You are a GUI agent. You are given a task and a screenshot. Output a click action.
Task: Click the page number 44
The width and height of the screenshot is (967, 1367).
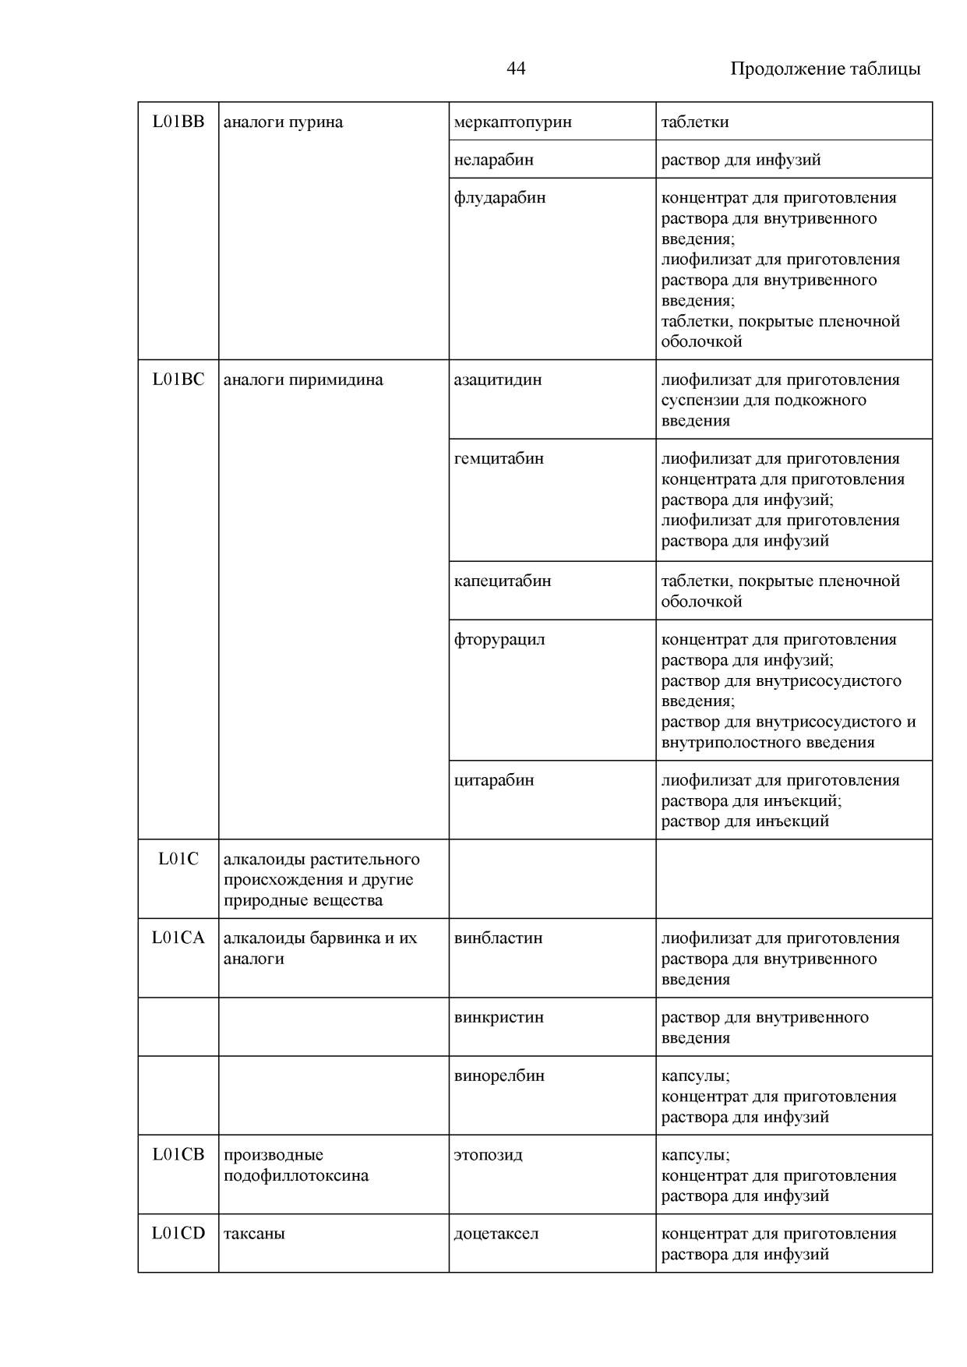tap(516, 69)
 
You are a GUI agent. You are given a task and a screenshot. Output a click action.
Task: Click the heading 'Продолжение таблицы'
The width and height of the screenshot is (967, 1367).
tap(824, 69)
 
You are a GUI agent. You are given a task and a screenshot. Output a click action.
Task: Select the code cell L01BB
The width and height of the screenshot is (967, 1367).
tap(178, 122)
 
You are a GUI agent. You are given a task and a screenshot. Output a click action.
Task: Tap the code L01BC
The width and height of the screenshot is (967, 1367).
tap(178, 380)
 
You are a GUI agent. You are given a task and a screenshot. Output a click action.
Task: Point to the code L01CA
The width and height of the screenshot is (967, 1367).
tap(178, 938)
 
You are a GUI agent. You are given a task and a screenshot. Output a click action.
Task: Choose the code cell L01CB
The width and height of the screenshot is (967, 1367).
tap(178, 1154)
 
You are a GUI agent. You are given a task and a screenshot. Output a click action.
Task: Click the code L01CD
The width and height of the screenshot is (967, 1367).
tap(178, 1233)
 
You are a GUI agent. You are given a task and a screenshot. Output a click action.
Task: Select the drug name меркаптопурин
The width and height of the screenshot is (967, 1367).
tap(513, 122)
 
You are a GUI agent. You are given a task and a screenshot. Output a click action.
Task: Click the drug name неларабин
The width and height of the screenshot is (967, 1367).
tap(494, 160)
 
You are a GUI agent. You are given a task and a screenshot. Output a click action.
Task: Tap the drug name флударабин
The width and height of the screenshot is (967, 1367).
tap(499, 197)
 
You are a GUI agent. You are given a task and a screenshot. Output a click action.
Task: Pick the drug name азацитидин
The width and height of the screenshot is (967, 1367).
tap(498, 380)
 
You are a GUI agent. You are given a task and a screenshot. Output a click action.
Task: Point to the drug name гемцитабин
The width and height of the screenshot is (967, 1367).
tap(499, 458)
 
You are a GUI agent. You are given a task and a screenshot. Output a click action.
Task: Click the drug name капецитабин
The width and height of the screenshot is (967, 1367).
tap(503, 581)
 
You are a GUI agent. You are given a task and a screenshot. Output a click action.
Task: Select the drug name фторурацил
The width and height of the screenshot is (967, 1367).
tap(499, 639)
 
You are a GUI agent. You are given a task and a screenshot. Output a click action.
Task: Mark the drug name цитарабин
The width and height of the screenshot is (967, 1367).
tap(494, 780)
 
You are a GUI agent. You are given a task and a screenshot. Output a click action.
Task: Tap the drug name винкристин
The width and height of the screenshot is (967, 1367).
tap(499, 1017)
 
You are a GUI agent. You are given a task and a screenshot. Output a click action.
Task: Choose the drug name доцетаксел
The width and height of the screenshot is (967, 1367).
tap(496, 1233)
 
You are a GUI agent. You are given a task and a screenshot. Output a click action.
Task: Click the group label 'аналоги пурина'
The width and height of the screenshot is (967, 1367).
tap(283, 122)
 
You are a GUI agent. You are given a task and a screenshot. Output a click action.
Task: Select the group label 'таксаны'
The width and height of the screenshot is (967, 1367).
tap(254, 1233)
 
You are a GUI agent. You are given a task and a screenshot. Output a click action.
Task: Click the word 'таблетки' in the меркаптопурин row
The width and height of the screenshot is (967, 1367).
tap(695, 122)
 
